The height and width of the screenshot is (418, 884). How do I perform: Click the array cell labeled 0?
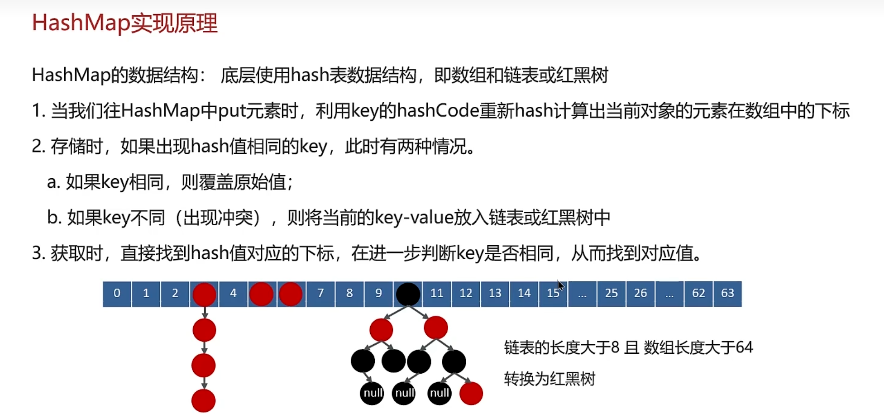[117, 294]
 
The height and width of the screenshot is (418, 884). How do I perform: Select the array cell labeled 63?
[727, 294]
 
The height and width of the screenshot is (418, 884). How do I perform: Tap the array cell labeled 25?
[611, 294]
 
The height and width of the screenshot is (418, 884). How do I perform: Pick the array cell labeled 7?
[320, 294]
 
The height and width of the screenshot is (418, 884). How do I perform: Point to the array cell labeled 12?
[466, 294]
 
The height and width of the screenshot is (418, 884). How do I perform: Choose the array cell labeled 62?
[698, 294]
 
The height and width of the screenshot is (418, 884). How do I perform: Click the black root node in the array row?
[408, 294]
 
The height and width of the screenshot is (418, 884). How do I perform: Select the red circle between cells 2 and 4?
[205, 295]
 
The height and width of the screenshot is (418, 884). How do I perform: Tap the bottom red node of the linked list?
[204, 401]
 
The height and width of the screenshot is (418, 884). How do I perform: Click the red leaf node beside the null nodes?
[471, 393]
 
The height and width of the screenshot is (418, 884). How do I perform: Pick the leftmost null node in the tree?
[372, 393]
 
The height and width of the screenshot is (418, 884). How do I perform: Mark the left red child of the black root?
[381, 330]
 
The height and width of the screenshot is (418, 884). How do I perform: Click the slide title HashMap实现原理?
[125, 23]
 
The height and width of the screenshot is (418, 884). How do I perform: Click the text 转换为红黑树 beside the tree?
[550, 379]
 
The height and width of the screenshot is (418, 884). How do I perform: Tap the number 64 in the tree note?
[744, 347]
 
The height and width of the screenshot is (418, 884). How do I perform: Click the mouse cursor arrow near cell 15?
[561, 285]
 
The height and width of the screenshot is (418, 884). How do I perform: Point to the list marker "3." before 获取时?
[39, 253]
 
